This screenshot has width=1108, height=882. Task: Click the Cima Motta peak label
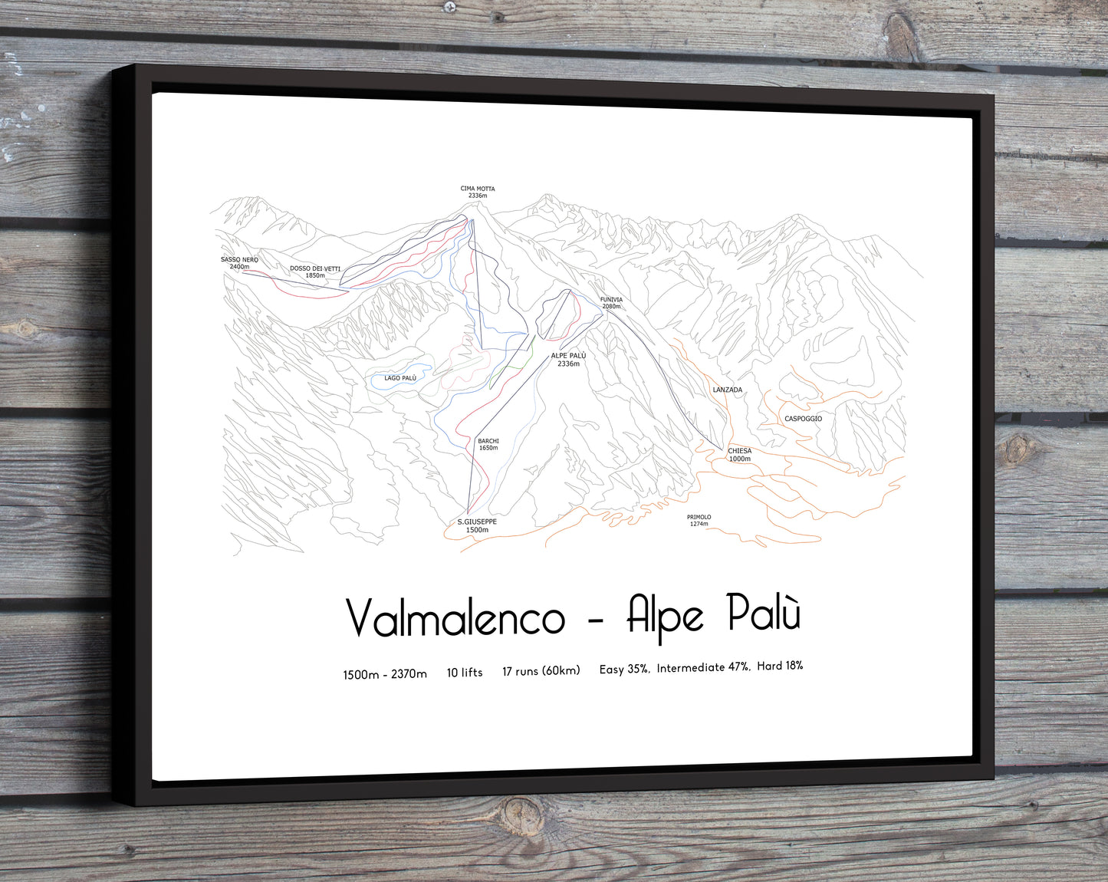pos(477,192)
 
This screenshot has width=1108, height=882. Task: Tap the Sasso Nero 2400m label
pos(239,263)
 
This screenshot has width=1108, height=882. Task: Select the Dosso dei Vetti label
pos(314,272)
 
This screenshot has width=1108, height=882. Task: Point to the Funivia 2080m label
pos(611,303)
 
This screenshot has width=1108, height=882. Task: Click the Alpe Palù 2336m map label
pos(568,360)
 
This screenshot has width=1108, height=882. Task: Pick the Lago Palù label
pos(400,378)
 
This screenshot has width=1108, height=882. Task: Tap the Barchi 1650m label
pos(488,444)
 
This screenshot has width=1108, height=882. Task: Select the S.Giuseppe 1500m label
pos(477,525)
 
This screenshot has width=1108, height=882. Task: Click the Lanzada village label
pos(727,390)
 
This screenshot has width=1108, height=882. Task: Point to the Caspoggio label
pos(803,419)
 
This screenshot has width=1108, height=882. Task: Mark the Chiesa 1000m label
pos(739,455)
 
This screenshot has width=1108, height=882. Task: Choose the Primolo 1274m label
pos(699,520)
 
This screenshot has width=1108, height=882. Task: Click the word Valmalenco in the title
pos(455,618)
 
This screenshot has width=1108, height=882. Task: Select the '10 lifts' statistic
pos(465,673)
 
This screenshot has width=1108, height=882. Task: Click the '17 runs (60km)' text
pos(541,671)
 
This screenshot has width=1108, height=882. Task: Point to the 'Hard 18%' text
pos(780,666)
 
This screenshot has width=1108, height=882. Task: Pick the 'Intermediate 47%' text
pos(703,668)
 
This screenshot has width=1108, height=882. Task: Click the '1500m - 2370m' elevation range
pos(384,674)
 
